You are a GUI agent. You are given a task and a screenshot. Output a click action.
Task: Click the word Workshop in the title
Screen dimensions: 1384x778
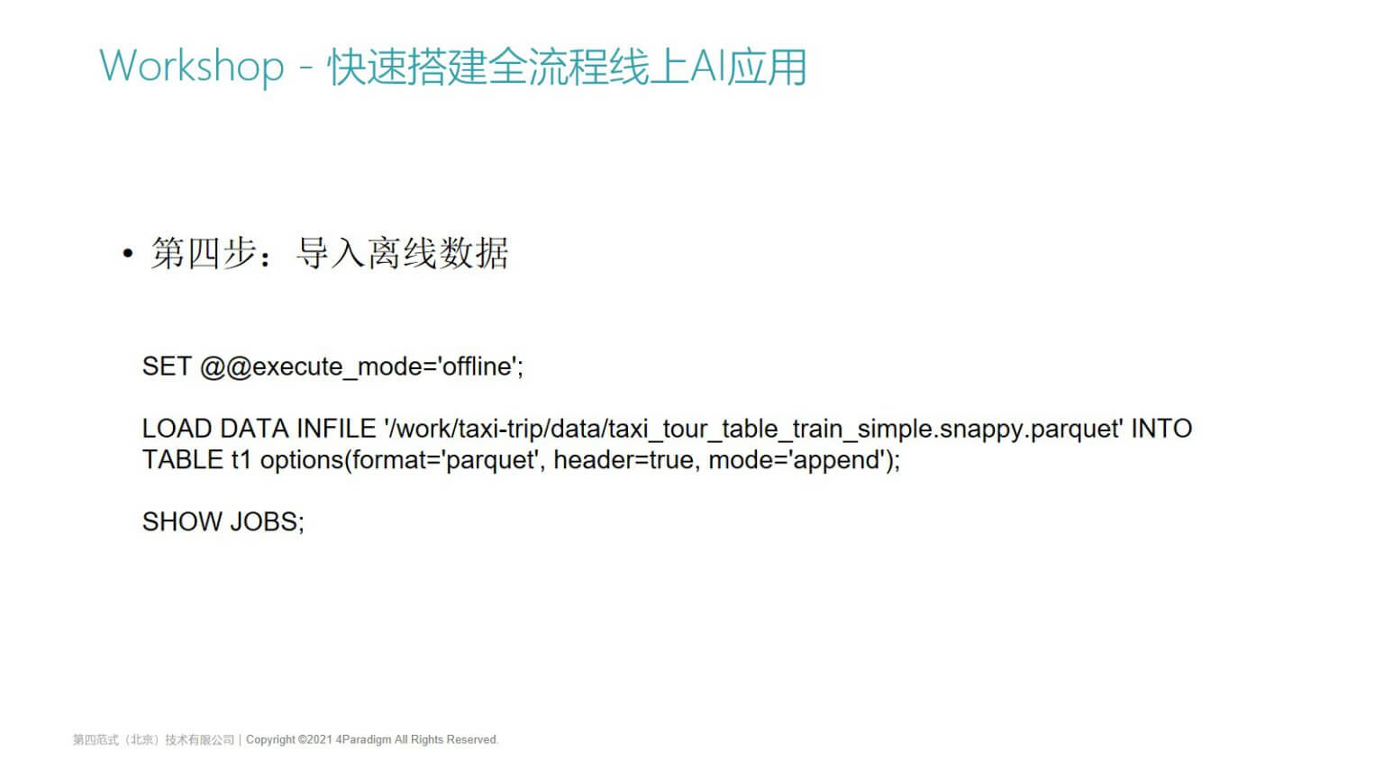192,66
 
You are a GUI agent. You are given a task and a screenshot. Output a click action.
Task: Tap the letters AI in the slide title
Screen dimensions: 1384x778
708,66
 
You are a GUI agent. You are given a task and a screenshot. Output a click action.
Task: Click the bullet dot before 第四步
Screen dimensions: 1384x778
128,253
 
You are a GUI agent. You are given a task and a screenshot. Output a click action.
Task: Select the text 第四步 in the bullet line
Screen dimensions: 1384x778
204,253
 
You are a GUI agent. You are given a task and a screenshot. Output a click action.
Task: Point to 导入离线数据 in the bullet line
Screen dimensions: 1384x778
402,253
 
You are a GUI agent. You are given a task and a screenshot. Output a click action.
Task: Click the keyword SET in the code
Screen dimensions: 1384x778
167,366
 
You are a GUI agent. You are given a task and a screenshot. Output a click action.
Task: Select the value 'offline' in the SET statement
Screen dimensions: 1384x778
477,366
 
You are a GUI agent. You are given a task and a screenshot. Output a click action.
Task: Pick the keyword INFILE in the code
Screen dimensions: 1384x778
336,429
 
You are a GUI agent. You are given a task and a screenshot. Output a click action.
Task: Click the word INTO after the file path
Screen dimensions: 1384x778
1161,429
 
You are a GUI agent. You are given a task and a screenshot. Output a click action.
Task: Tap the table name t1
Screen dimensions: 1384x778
241,460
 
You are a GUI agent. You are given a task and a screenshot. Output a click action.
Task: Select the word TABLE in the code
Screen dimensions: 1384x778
183,460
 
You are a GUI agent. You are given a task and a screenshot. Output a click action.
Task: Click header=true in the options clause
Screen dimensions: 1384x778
623,460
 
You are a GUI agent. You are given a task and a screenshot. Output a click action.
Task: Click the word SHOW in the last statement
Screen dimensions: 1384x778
182,521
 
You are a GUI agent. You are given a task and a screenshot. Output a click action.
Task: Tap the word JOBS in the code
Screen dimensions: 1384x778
264,521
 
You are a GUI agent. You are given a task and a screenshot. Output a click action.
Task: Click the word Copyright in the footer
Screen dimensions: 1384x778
270,739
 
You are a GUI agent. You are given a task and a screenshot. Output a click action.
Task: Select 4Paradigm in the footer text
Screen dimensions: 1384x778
363,739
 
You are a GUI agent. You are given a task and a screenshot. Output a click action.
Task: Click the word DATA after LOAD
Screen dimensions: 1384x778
255,429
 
